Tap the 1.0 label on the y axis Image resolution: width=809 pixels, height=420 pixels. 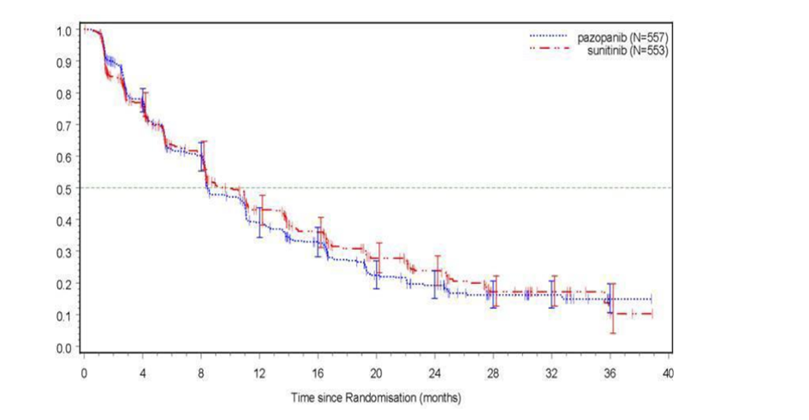(x=63, y=32)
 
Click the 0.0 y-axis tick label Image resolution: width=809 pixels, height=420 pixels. (x=63, y=347)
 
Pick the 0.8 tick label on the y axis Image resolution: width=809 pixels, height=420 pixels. (x=63, y=95)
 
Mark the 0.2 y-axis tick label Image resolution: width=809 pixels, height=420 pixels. (x=63, y=284)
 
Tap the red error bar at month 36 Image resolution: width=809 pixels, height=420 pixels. (x=613, y=308)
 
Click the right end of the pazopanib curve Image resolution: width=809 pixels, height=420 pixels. (x=651, y=299)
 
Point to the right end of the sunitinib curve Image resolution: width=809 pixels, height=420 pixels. (x=651, y=314)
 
